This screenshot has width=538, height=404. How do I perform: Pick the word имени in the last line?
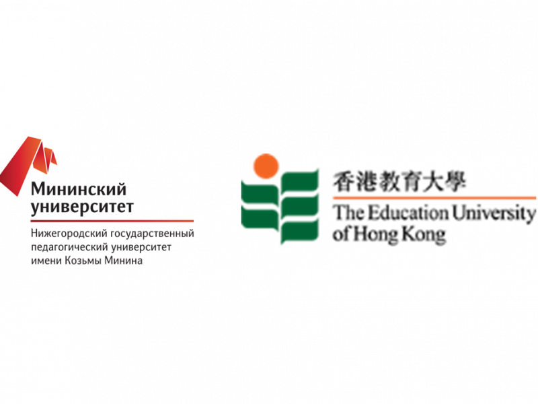(43, 260)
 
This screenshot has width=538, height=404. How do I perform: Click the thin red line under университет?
(112, 221)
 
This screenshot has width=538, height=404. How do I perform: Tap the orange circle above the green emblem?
(265, 166)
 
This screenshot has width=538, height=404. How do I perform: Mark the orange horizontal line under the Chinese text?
(433, 197)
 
